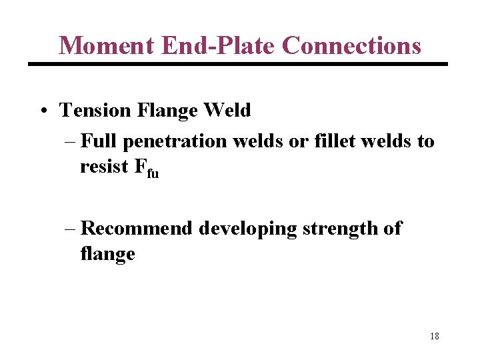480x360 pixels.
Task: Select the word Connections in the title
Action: coord(351,45)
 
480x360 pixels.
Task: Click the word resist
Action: coord(103,166)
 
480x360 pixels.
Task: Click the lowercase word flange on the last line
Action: coord(107,254)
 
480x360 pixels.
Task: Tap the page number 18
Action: coord(435,336)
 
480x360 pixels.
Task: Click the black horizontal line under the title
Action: coord(237,64)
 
